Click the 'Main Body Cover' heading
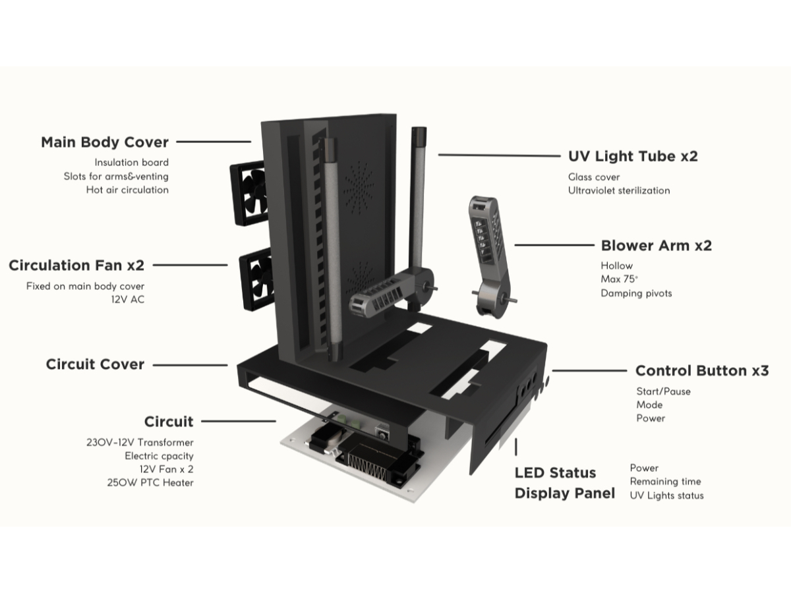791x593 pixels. [x=105, y=142]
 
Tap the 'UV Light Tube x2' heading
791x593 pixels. [x=633, y=156]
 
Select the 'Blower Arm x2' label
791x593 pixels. [x=656, y=246]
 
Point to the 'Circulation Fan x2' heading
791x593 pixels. [x=76, y=266]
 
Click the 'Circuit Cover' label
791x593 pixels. [x=95, y=364]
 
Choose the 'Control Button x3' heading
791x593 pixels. [x=702, y=371]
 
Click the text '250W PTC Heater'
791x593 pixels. [x=150, y=482]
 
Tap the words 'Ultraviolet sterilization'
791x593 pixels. [x=619, y=190]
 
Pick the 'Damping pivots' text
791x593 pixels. [x=636, y=293]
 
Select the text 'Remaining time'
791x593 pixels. [x=665, y=482]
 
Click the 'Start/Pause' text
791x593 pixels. [x=663, y=391]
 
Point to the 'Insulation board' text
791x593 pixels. [x=131, y=162]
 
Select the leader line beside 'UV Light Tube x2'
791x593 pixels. [x=499, y=155]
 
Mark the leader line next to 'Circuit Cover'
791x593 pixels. [x=190, y=364]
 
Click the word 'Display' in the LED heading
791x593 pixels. [x=544, y=494]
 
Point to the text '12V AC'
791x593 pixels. [x=128, y=300]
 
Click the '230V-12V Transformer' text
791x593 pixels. [x=140, y=443]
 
